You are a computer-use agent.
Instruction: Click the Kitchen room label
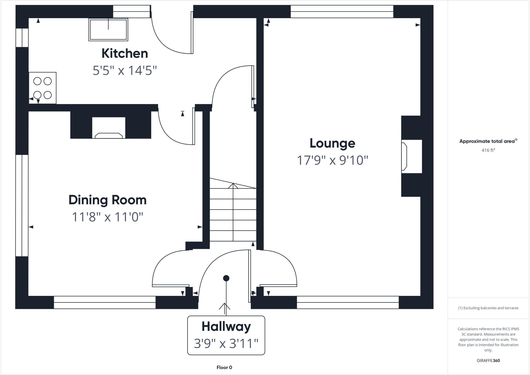point(124,53)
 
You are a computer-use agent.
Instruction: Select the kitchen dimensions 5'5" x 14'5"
point(125,71)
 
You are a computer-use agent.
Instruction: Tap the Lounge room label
point(332,143)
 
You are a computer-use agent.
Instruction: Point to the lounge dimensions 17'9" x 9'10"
point(332,160)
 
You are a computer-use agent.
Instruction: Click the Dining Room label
point(107,200)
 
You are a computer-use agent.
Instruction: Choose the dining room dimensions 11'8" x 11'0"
point(107,217)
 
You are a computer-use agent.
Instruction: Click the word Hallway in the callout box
point(226,327)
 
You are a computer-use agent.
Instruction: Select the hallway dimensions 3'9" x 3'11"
point(226,344)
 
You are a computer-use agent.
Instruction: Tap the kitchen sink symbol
point(108,29)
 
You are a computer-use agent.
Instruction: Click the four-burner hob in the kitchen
point(42,88)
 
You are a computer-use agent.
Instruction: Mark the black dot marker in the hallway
point(226,278)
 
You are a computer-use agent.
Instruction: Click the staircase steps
point(233,215)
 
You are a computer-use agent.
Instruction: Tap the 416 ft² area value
point(488,150)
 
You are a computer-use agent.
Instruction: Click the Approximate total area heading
point(488,141)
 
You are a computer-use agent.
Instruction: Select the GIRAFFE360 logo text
point(488,360)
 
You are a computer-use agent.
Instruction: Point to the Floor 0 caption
point(224,367)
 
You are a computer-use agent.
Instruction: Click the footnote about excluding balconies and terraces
point(488,308)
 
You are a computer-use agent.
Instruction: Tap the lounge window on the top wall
point(342,12)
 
